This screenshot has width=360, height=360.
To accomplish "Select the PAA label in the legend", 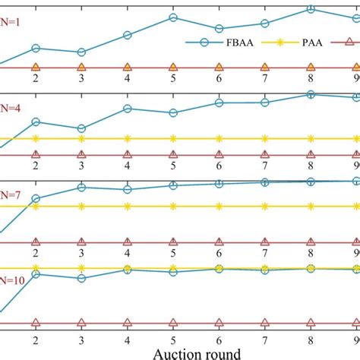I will click(x=310, y=43).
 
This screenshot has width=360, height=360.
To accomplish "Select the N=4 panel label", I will click(x=11, y=108).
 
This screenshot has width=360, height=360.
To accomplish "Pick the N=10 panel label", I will click(x=13, y=280).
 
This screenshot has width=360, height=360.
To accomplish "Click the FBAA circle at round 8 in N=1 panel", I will click(x=310, y=9).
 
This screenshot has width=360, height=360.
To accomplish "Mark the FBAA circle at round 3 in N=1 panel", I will click(x=81, y=52).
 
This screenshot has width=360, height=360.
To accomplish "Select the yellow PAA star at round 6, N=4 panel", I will click(x=219, y=138).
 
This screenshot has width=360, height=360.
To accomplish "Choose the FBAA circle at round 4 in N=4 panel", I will click(x=127, y=109).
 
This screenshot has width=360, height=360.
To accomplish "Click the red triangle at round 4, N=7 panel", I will click(x=127, y=242).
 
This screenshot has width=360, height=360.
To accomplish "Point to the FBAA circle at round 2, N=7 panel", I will click(x=35, y=199).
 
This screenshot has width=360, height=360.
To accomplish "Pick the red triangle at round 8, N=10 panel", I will click(x=310, y=324).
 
